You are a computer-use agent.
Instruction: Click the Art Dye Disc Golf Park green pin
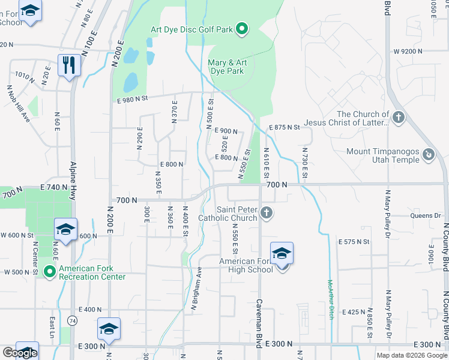[x=242, y=28]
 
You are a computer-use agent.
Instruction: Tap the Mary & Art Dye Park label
[x=226, y=67]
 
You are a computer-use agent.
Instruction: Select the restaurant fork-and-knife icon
[x=69, y=64]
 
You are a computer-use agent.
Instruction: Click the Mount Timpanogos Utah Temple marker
[x=429, y=155]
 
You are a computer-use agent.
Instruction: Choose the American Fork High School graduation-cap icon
[x=282, y=254]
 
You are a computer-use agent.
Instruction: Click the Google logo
[x=20, y=353]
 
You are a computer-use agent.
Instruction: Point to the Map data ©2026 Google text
[x=411, y=355]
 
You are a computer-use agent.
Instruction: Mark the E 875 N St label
[x=285, y=127]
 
